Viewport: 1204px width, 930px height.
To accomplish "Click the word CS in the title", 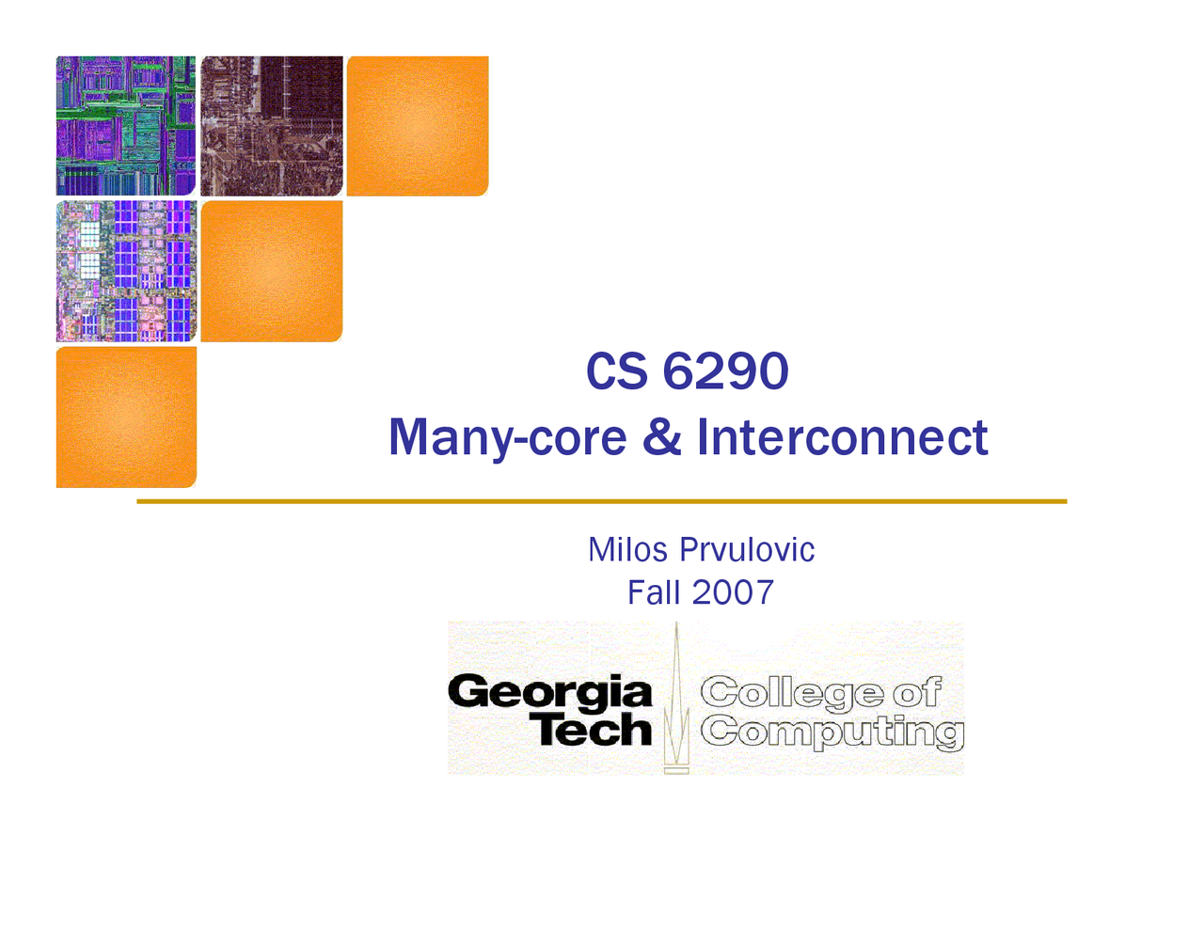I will point(616,371).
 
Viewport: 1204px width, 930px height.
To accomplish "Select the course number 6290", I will point(725,371).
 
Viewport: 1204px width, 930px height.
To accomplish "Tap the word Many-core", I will point(507,437).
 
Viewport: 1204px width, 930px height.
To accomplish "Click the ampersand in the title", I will point(662,437).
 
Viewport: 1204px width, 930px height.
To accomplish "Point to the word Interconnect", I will point(842,437).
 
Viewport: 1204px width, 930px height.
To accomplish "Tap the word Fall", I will point(654,592).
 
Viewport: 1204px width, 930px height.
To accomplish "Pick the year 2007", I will point(733,592).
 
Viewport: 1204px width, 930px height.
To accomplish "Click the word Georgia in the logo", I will point(550,694).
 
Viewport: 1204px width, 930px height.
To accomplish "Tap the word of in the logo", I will point(916,693).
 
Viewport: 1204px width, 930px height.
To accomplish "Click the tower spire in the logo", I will point(676,696).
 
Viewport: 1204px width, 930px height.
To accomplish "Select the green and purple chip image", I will point(126,126).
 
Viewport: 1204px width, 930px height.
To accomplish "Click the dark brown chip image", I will point(272,126).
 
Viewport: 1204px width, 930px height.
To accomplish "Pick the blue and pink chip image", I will point(126,271).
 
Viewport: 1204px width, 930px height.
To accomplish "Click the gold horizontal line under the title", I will point(602,502).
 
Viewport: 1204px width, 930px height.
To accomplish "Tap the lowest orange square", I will point(126,417).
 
